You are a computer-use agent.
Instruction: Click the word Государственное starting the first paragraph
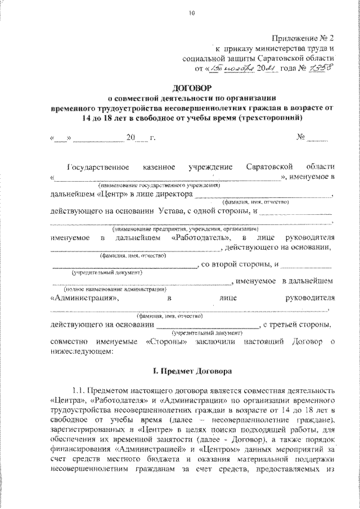(99, 167)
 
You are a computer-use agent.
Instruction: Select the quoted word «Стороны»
(166, 341)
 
